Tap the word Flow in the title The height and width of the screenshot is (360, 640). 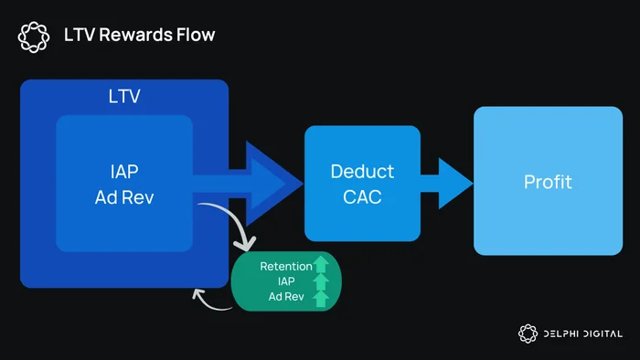point(196,35)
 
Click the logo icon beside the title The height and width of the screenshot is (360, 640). point(34,37)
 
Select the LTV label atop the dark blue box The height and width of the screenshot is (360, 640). point(124,96)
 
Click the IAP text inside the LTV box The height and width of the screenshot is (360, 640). point(124,171)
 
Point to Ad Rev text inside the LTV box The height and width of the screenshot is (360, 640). point(124,197)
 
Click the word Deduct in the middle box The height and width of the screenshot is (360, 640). point(362,171)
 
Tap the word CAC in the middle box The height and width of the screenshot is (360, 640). point(362,197)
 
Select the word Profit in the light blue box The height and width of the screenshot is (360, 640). point(549,182)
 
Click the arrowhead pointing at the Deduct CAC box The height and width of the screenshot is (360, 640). point(273,184)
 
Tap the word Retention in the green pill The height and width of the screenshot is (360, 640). point(286,266)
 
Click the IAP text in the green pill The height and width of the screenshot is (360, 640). point(286,281)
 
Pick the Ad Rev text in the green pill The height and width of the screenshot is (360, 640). point(286,296)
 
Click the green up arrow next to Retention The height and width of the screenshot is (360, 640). point(321,264)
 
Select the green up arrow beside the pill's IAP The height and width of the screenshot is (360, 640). point(321,281)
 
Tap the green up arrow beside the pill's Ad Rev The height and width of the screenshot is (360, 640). point(321,299)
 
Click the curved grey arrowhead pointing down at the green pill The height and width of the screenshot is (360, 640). point(246,244)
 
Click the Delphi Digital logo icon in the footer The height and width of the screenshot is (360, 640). point(528,334)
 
